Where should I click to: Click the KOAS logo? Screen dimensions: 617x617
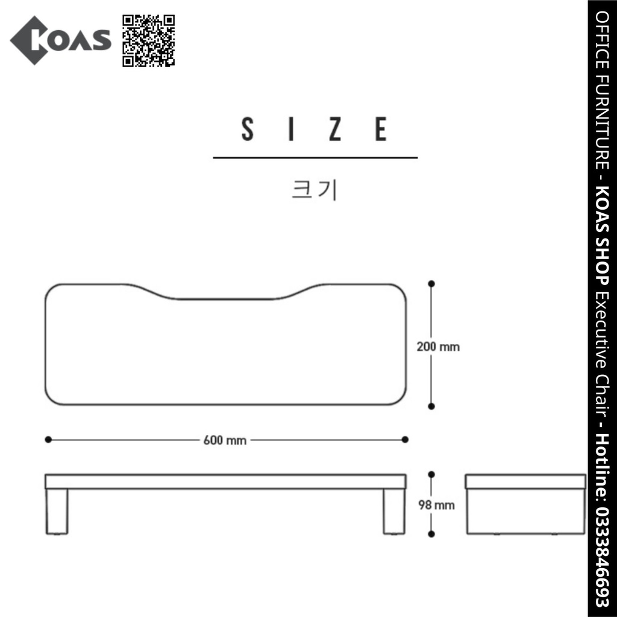coord(60,40)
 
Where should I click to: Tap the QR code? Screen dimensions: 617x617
coord(149,40)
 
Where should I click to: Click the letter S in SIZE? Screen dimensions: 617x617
coord(247,129)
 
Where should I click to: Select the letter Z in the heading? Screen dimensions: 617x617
coord(336,129)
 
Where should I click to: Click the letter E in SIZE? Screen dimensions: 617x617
coord(381,129)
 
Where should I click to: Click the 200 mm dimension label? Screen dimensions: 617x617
coord(438,347)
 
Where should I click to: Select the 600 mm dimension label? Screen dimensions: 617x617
coord(225,440)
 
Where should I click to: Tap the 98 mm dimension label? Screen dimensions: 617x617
coord(436,505)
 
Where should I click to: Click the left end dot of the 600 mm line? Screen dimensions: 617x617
coord(48,440)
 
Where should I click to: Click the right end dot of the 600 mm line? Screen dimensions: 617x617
coord(405,440)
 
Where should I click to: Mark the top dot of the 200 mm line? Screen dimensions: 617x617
coord(431,283)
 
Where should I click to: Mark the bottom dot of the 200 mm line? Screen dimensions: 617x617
coord(431,407)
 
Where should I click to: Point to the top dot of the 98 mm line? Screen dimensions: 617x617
coord(431,474)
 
